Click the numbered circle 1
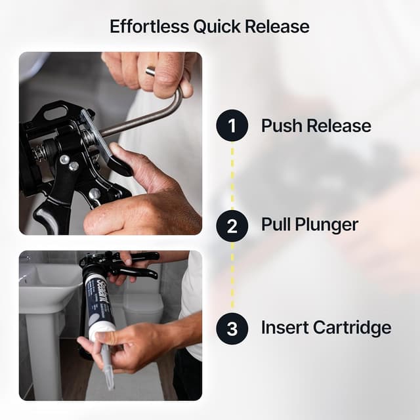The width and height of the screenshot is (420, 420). pyautogui.click(x=232, y=125)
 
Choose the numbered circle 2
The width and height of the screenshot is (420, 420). pyautogui.click(x=232, y=226)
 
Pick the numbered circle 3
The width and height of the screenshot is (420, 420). pyautogui.click(x=232, y=327)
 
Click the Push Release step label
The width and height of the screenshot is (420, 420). pyautogui.click(x=316, y=125)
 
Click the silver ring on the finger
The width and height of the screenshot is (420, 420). pyautogui.click(x=151, y=71)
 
